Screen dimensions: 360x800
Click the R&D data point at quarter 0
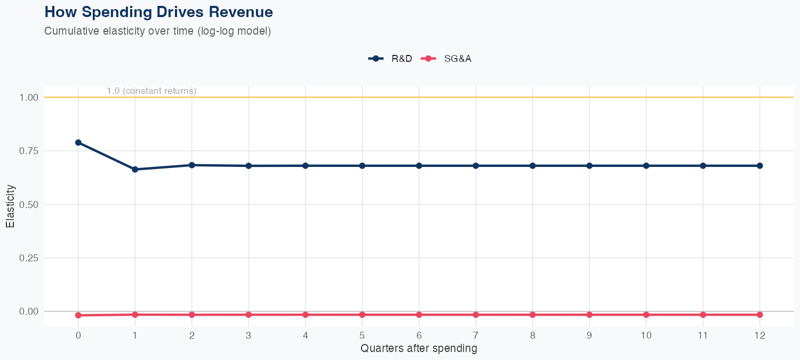coord(78,142)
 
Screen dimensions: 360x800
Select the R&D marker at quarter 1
coord(135,170)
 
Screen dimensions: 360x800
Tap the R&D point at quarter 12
coord(759,166)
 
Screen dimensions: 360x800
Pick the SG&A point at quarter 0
coord(78,315)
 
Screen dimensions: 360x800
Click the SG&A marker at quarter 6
coord(419,315)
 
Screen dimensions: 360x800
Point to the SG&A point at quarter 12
coord(759,315)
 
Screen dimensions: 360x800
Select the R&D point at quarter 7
coord(476,166)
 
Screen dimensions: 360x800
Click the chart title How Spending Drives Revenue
coord(158,12)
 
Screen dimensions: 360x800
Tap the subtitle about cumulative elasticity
coord(158,31)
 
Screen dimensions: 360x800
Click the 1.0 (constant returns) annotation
coord(151,91)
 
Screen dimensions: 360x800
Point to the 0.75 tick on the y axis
coord(29,151)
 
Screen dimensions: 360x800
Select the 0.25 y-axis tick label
coord(29,258)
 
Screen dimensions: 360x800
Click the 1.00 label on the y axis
coord(29,98)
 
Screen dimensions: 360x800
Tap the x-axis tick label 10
coord(646,335)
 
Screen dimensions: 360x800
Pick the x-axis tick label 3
coord(249,335)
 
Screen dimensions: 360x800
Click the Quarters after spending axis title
coord(419,349)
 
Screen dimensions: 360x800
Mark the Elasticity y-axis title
coord(10,206)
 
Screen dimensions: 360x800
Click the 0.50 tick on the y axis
coord(29,204)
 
